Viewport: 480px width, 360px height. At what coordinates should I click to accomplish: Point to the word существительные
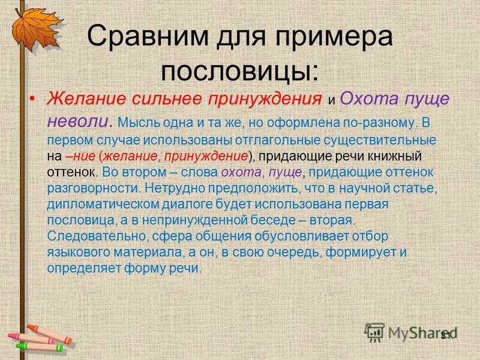(384, 140)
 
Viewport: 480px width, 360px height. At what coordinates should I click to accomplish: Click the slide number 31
(446, 335)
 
